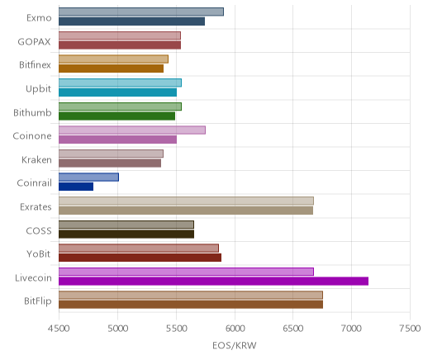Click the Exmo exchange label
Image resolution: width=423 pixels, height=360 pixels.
click(39, 18)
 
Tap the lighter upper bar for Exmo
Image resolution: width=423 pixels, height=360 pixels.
click(141, 12)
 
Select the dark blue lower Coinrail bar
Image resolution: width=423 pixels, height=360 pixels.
click(76, 187)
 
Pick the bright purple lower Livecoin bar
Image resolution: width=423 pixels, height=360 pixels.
click(213, 282)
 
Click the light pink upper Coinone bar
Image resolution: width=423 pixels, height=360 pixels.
click(132, 130)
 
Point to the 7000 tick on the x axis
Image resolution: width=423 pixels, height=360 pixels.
click(351, 329)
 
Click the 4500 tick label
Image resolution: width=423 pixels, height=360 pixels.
click(59, 329)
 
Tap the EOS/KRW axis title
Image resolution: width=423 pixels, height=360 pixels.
click(235, 345)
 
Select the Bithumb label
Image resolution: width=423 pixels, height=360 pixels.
click(32, 112)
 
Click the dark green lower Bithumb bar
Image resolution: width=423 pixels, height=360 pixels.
click(116, 116)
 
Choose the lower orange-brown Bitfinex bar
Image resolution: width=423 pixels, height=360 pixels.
click(111, 69)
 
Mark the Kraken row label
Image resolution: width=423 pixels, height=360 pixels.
click(36, 159)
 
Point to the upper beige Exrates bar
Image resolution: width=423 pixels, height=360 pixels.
click(186, 201)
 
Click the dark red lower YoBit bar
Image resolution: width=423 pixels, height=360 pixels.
click(140, 258)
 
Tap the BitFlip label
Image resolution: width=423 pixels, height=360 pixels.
click(38, 301)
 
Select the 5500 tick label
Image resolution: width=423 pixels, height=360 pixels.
click(176, 329)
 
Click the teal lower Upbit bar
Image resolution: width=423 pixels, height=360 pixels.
click(117, 92)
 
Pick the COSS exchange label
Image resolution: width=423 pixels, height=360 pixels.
click(39, 230)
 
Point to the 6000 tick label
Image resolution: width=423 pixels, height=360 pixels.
click(235, 329)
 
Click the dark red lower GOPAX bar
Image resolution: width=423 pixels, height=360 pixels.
click(120, 45)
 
